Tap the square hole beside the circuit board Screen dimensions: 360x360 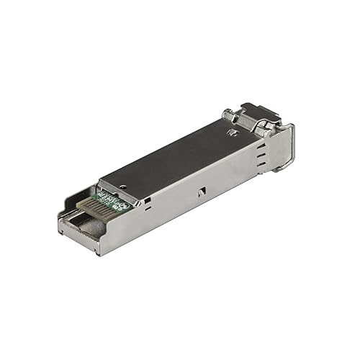click(x=142, y=202)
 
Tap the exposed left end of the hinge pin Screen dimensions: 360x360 click(x=228, y=113)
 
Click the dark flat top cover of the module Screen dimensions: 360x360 click(x=173, y=155)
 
